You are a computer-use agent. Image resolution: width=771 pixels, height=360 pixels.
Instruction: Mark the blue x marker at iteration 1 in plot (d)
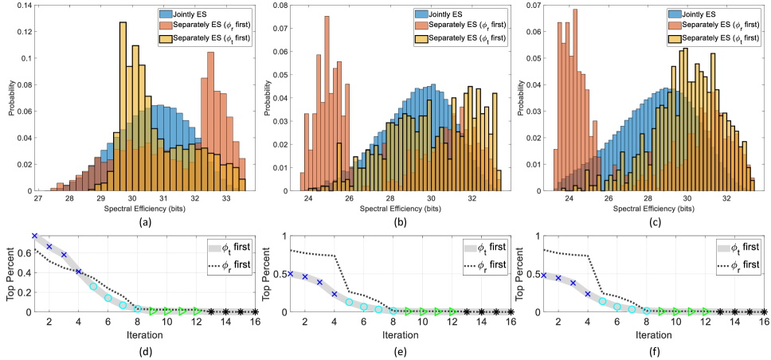34,236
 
